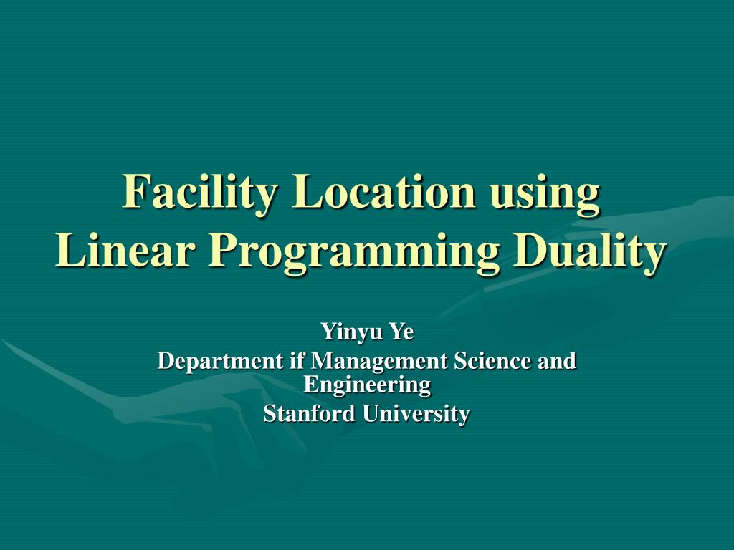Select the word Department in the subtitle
(220, 361)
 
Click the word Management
(379, 361)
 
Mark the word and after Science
(557, 360)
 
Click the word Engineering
(367, 385)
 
